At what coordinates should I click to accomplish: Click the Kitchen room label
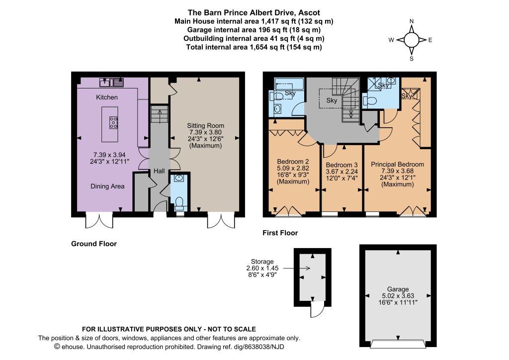tap(107, 97)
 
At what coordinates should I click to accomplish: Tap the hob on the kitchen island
tap(113, 123)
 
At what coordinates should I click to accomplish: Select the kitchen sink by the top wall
tap(112, 83)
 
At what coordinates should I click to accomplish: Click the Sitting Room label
tap(205, 126)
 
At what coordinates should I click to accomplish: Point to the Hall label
tap(159, 171)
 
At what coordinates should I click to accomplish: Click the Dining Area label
tap(107, 186)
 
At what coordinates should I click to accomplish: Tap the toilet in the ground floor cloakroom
tap(179, 202)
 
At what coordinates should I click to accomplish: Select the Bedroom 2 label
tap(293, 162)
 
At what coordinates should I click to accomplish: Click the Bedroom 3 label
tap(342, 165)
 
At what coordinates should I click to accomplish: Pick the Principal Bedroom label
tap(397, 164)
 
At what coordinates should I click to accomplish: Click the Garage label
tap(398, 289)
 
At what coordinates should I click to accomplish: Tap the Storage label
tap(262, 262)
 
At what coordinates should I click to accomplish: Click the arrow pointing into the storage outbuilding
tap(297, 268)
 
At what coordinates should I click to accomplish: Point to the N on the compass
tap(412, 21)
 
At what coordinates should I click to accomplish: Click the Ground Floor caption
tap(94, 244)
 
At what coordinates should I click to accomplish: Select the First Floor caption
tap(280, 233)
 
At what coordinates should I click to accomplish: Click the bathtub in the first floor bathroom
tap(289, 84)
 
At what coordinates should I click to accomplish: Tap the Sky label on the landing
tap(332, 100)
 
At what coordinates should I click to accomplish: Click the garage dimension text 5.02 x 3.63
tap(398, 296)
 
